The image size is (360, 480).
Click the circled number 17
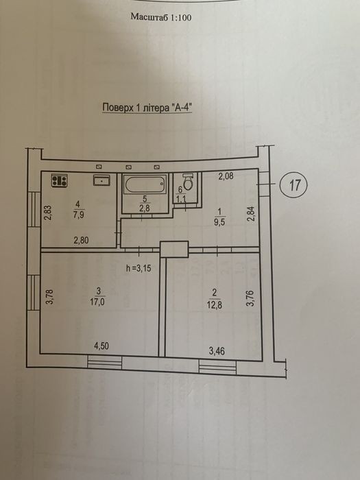coord(294,185)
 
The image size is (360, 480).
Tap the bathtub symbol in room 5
coord(145,184)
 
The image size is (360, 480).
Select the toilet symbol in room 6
coord(187,182)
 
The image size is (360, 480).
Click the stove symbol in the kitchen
coord(59,180)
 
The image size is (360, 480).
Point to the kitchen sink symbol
coord(101,180)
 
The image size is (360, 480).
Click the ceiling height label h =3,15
coord(139,269)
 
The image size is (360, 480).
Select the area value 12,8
coord(214,305)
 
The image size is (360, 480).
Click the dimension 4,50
coord(101,346)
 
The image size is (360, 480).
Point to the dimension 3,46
coord(217,351)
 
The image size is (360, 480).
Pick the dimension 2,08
coord(226,176)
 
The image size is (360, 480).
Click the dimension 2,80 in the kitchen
coord(81,240)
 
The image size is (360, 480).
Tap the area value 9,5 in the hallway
coord(219,222)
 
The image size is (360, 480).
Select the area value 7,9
coord(79,214)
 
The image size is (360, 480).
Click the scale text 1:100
coord(180,17)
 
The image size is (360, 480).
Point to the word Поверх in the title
coord(117,108)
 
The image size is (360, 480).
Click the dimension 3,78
coord(50,297)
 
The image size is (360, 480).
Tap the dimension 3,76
coord(251,298)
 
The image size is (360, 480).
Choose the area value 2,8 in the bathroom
coord(145,209)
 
